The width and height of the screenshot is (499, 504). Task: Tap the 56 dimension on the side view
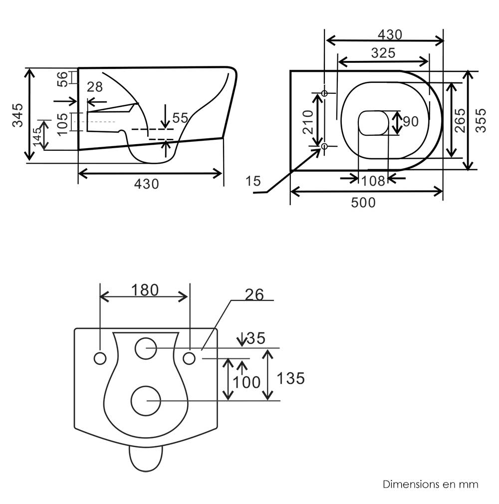tap(62, 79)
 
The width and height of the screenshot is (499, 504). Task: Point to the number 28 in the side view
tap(95, 87)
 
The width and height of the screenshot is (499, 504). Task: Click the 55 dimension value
tap(180, 118)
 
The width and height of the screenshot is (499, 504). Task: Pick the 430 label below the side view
tap(147, 184)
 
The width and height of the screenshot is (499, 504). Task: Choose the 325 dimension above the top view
tap(383, 52)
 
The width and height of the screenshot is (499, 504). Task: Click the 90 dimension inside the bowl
tap(410, 121)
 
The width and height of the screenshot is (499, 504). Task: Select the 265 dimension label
tap(460, 120)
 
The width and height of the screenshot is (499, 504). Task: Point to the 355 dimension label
tap(481, 120)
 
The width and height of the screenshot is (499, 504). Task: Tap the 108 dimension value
tap(373, 180)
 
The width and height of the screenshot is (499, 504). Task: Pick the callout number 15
tap(253, 181)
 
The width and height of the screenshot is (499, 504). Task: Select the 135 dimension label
tap(291, 378)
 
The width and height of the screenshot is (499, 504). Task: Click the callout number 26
tap(254, 295)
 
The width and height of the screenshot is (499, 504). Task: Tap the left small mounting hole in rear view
tap(100, 358)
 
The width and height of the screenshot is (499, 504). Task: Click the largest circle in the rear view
tap(146, 400)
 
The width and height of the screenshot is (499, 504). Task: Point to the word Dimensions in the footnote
tap(408, 484)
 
